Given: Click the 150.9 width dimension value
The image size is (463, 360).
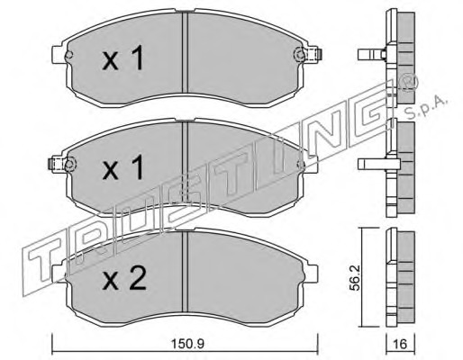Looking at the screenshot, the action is (x=187, y=344).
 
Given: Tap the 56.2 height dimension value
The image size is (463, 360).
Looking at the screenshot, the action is (x=356, y=277).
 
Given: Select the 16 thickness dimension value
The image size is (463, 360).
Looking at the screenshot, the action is (x=400, y=344).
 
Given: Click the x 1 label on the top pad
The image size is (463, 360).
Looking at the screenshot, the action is (x=123, y=59).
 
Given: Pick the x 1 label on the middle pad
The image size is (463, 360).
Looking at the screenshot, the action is (x=123, y=168).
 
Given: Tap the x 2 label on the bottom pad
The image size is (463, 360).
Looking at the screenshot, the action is (x=124, y=278).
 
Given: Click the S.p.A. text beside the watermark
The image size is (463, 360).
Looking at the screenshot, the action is (x=425, y=106).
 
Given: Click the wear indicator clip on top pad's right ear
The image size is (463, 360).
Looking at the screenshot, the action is (x=314, y=54).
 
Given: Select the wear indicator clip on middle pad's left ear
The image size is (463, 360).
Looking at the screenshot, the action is (x=56, y=164).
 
